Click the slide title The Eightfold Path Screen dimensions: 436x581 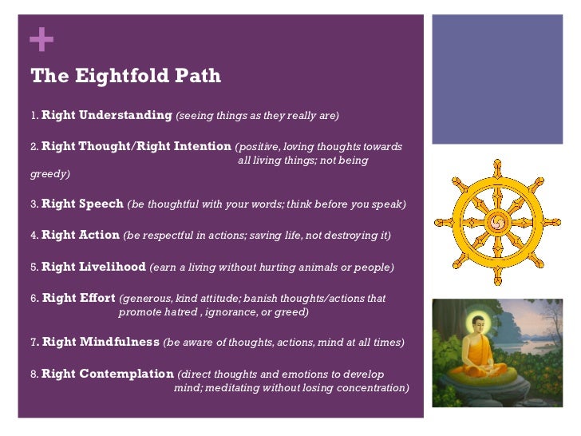click(x=125, y=77)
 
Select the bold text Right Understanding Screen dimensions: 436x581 click(x=106, y=116)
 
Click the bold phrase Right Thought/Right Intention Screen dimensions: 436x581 click(x=136, y=147)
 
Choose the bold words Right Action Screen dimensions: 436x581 click(x=81, y=236)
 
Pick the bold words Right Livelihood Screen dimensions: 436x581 click(x=93, y=267)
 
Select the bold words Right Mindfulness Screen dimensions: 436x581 click(x=101, y=343)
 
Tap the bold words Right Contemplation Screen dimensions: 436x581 click(x=108, y=374)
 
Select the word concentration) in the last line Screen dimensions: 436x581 click(x=370, y=388)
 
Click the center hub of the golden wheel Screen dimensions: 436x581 click(x=498, y=221)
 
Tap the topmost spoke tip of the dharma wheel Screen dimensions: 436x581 click(x=498, y=164)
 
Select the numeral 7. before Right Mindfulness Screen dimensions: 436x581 click(x=35, y=343)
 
